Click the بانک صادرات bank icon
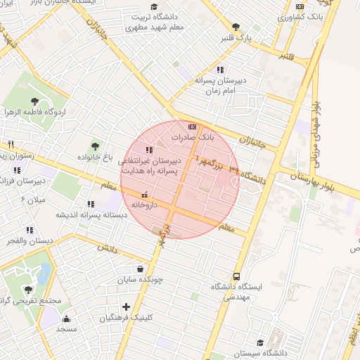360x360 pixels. (193, 126)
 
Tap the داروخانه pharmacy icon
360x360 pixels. (144, 194)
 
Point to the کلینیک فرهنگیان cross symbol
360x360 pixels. (126, 307)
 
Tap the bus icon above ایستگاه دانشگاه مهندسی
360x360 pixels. (236, 276)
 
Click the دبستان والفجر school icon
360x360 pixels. (29, 230)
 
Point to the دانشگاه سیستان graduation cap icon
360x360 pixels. (260, 342)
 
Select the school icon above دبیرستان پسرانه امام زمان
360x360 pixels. (220, 70)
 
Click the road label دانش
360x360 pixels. (105, 248)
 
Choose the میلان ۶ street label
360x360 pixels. (33, 200)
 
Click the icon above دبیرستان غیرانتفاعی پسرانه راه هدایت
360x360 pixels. (148, 150)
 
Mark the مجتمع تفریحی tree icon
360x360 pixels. (28, 289)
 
